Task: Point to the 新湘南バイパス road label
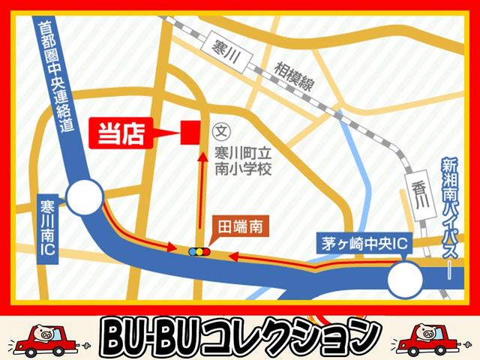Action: coord(451,214)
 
